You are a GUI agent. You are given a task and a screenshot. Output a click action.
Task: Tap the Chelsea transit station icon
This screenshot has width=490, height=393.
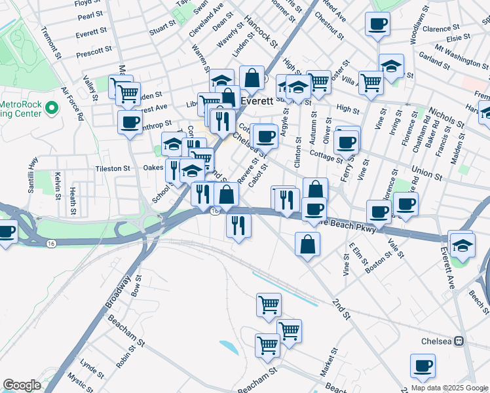pos(459,341)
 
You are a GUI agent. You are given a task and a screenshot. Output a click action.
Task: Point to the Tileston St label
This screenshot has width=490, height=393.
pos(113,168)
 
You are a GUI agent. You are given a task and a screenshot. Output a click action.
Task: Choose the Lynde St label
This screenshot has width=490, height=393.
pos(87,364)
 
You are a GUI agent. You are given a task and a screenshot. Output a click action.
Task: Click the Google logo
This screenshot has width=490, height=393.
pos(22,385)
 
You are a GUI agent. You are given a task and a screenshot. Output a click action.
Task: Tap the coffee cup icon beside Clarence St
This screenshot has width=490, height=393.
pos(377,26)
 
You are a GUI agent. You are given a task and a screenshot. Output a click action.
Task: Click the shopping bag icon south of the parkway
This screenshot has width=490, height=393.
pos(307,244)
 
